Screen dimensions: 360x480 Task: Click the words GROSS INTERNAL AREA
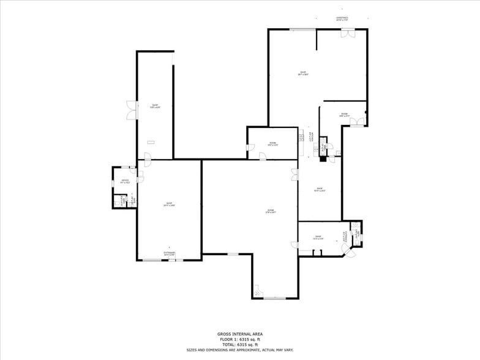point(239,334)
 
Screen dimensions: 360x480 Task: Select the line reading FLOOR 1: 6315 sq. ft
point(239,339)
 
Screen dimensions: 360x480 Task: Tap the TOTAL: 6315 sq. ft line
point(239,344)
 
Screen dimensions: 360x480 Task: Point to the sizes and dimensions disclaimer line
point(239,350)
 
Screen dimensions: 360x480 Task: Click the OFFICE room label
point(125,181)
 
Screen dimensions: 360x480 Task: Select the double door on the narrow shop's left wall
point(131,110)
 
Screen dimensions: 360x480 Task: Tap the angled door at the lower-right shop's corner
point(350,253)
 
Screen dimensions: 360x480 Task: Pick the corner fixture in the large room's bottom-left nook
point(257,290)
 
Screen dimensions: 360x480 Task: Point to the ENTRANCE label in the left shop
point(169,253)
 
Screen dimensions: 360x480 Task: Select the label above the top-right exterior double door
point(342,19)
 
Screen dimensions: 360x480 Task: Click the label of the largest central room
point(271,212)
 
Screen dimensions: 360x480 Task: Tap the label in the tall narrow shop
point(156,106)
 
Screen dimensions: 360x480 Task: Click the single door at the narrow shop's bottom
point(148,157)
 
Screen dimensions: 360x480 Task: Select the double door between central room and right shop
point(294,174)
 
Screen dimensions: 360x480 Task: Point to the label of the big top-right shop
point(302,73)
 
